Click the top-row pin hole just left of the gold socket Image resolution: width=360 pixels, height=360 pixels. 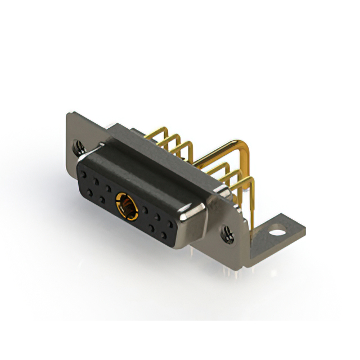point(107,186)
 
